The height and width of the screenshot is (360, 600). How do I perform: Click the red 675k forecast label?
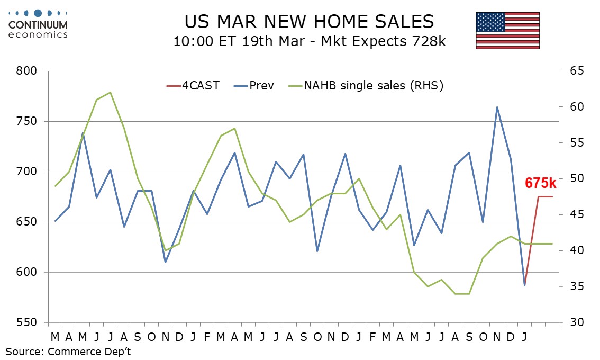coord(540,183)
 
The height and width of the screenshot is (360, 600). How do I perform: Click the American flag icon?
coord(507,30)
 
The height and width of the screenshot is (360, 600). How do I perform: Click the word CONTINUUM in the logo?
coord(38,24)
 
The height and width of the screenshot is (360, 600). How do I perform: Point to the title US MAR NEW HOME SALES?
coord(309,22)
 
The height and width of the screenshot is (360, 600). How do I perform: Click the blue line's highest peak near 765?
coord(497,107)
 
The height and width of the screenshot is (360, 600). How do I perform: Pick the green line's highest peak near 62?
coord(110,92)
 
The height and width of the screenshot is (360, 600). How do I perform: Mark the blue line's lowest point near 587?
coord(524,285)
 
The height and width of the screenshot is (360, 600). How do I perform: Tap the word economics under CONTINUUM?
coord(38,34)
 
